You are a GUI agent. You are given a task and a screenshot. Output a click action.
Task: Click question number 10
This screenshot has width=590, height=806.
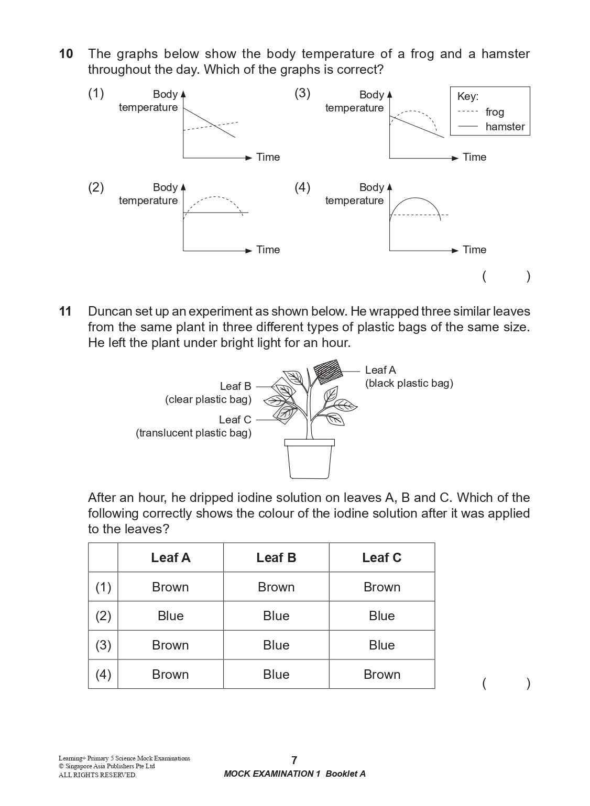pyautogui.click(x=66, y=54)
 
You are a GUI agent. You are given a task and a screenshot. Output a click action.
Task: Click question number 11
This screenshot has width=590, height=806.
pyautogui.click(x=65, y=311)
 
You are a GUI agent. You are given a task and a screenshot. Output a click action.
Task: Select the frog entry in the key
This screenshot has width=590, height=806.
pyautogui.click(x=494, y=112)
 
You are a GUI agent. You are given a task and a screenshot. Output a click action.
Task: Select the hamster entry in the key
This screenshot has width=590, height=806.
pyautogui.click(x=505, y=127)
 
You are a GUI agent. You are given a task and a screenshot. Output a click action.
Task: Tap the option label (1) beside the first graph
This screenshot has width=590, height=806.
pyautogui.click(x=96, y=93)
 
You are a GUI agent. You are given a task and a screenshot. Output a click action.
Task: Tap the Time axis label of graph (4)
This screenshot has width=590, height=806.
pyautogui.click(x=474, y=250)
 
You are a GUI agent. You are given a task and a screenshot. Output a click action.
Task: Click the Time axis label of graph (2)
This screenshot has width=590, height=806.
pyautogui.click(x=268, y=250)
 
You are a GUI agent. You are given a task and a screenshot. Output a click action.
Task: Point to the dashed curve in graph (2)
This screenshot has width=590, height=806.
pyautogui.click(x=215, y=197)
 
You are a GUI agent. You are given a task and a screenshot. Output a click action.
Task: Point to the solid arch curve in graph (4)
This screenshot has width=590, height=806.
pyautogui.click(x=415, y=198)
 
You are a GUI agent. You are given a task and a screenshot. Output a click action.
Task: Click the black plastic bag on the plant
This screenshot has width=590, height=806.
pyautogui.click(x=327, y=372)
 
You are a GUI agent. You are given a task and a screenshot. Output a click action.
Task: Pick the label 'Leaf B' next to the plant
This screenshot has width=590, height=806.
pyautogui.click(x=235, y=386)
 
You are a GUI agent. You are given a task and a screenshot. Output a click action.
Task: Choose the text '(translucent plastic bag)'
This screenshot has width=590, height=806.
pyautogui.click(x=193, y=433)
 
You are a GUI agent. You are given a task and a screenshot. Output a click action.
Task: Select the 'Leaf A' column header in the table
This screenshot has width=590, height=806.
pyautogui.click(x=170, y=558)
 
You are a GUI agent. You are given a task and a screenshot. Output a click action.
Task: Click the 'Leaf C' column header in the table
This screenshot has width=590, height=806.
pyautogui.click(x=381, y=558)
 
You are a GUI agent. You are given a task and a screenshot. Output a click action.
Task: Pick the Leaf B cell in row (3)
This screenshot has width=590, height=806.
pyautogui.click(x=276, y=645)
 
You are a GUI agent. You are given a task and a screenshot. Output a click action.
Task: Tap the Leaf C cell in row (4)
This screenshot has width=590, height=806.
pyautogui.click(x=381, y=675)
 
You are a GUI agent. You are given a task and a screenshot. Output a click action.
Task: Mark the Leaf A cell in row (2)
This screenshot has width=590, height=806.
pyautogui.click(x=170, y=616)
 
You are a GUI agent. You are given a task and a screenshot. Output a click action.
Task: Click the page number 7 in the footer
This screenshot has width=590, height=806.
pyautogui.click(x=294, y=760)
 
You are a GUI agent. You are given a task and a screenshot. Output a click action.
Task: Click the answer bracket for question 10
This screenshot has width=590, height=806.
pyautogui.click(x=506, y=276)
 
